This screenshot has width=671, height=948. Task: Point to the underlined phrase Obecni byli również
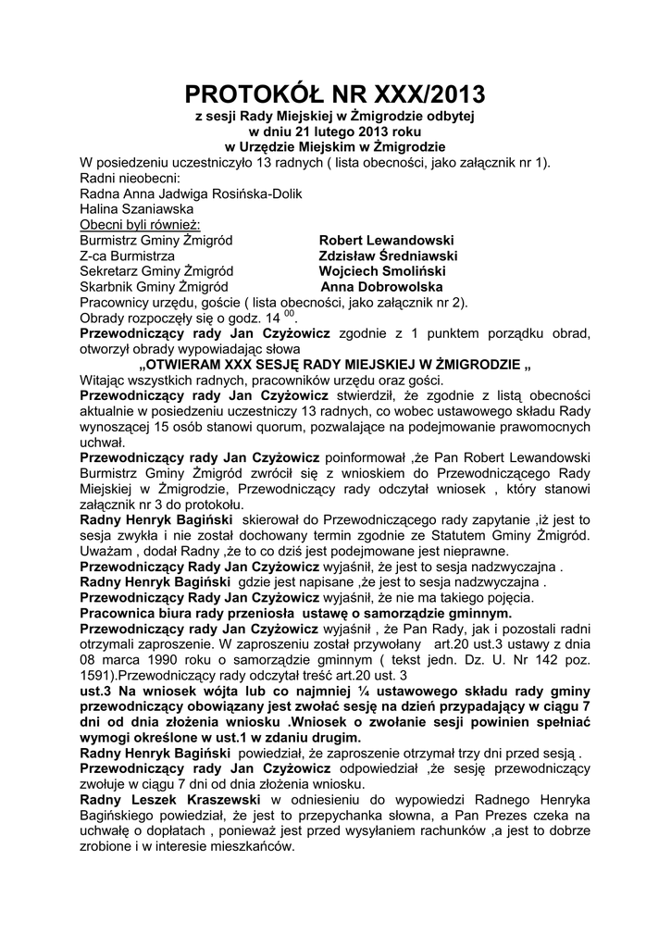pyautogui.click(x=142, y=225)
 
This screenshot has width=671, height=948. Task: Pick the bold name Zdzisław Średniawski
pyautogui.click(x=388, y=256)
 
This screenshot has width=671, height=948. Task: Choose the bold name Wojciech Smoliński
pyautogui.click(x=382, y=271)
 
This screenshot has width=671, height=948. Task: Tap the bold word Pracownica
pyautogui.click(x=122, y=613)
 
